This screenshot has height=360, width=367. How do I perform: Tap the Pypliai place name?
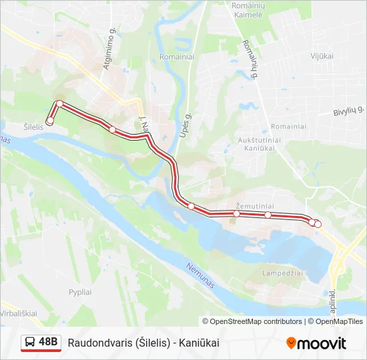(x=79, y=293)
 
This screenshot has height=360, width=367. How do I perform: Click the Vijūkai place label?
(x=321, y=56)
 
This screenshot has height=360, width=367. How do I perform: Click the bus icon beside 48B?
(x=30, y=343)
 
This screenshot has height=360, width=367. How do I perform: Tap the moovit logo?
(x=316, y=343)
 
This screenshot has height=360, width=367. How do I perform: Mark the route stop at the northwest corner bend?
(x=60, y=103)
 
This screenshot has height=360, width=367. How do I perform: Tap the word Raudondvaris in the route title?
(x=99, y=343)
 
